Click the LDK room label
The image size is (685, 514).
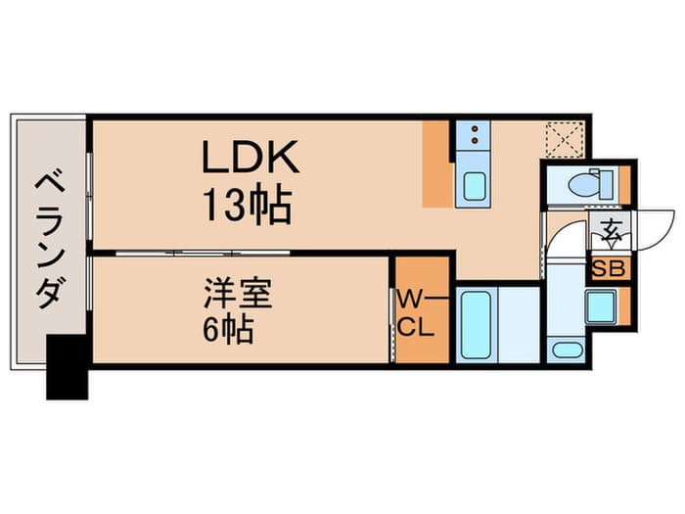pos(251,158)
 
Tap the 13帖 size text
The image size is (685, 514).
pos(248,206)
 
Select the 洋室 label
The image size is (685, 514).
pos(238,294)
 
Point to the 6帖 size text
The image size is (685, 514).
pos(228,330)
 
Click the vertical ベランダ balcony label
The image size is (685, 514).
pos(49,241)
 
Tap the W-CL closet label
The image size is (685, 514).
pos(416,314)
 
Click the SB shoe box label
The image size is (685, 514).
pos(609,269)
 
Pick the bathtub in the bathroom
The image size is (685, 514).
pos(477,324)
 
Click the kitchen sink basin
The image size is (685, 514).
pos(474,187)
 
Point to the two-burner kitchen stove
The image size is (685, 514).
pos(473,135)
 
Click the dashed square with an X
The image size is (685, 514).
pos(565,139)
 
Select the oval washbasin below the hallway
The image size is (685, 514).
pos(567,350)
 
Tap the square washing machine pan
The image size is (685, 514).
pos(602,306)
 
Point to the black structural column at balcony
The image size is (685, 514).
pos(68,367)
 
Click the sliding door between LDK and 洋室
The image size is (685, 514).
pos(204,253)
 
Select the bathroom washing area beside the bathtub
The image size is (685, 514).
pos(519,324)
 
